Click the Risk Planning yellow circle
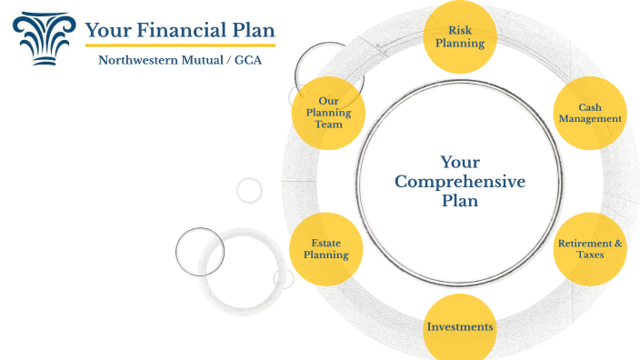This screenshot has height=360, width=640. point(459,37)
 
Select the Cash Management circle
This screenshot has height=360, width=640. point(589,114)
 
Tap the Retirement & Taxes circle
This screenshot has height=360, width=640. point(589,248)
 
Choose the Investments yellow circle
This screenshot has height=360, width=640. point(460,326)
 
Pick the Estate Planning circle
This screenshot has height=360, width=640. point(325,248)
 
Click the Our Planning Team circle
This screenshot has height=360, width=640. point(328,113)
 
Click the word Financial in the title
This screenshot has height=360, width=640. point(180,30)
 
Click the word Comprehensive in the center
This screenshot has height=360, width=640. point(459,182)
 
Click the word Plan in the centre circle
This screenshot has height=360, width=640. point(459,201)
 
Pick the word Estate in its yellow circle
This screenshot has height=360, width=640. point(325,243)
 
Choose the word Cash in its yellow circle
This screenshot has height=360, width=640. point(589,107)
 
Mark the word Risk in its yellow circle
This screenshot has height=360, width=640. point(459,31)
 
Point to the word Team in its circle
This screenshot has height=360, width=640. point(328,125)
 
